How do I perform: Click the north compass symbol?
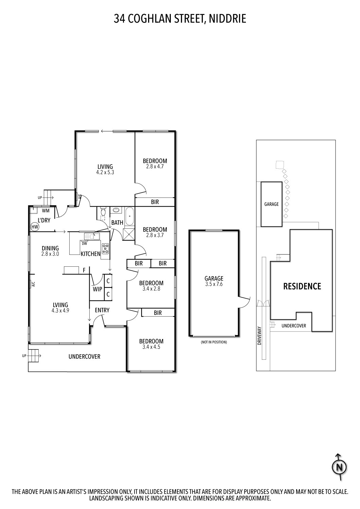click(339, 468)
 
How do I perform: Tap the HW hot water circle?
click(35, 227)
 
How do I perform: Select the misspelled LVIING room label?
click(60, 305)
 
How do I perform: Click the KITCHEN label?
click(90, 253)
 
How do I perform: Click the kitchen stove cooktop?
click(105, 249)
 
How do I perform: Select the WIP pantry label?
click(97, 289)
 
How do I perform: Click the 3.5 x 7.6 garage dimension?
click(214, 284)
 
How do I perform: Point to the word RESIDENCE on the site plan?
click(302, 286)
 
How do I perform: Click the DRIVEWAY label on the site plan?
click(260, 336)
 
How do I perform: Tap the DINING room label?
click(50, 248)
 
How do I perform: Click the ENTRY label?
click(102, 310)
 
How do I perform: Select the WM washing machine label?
click(46, 211)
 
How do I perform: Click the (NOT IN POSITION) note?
click(214, 342)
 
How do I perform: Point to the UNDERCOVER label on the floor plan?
click(84, 357)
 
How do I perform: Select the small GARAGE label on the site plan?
click(271, 204)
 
